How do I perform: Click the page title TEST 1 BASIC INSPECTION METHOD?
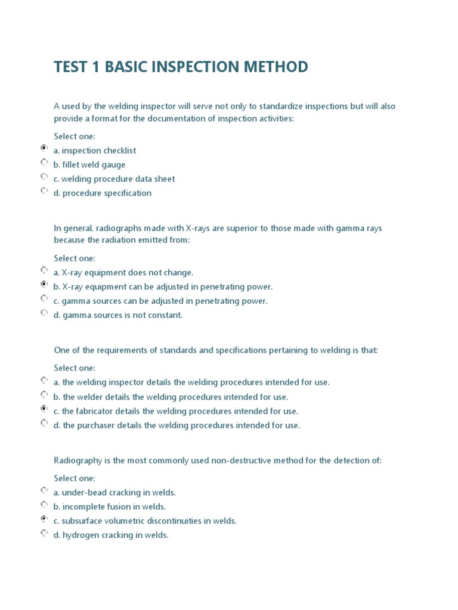[x=181, y=67]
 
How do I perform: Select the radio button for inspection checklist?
[x=44, y=148]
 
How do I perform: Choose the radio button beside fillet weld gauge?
[x=44, y=162]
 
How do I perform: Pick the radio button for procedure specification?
[x=44, y=191]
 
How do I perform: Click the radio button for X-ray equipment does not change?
[x=44, y=270]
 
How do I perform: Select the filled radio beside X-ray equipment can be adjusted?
[x=44, y=285]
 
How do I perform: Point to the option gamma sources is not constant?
[x=122, y=315]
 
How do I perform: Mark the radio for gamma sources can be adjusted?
[x=44, y=298]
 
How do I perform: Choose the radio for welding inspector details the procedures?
[x=44, y=380]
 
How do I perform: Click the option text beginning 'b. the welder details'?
[x=171, y=397]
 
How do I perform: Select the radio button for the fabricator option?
[x=44, y=409]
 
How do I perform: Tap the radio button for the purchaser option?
[x=44, y=423]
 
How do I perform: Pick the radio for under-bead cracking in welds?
[x=44, y=490]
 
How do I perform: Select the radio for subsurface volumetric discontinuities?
[x=44, y=519]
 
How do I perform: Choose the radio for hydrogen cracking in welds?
[x=44, y=533]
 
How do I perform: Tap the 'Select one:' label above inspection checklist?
[x=75, y=136]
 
